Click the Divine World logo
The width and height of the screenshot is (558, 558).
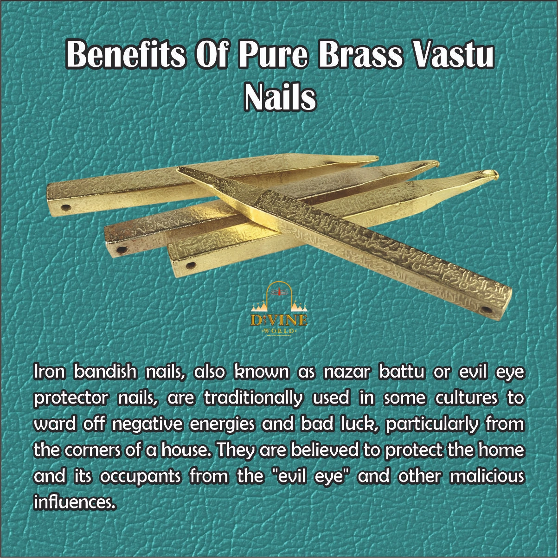[x=279, y=314]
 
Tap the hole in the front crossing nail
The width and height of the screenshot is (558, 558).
[x=487, y=309]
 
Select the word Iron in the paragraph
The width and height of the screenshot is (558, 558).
[x=48, y=373]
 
